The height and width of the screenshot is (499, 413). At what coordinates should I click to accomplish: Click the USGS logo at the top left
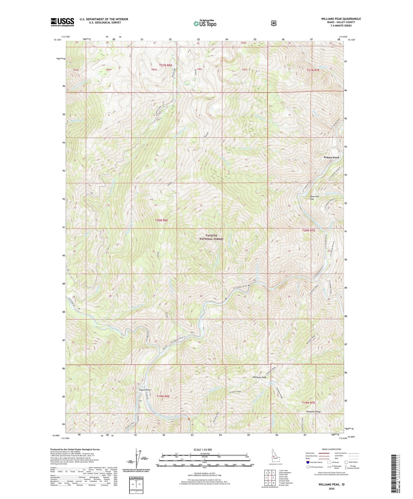click(62, 22)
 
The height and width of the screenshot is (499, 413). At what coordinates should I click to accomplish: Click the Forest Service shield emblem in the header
click(274, 23)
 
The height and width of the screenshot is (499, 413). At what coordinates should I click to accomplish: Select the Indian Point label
click(144, 390)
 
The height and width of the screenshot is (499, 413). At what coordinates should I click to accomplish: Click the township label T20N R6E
click(161, 220)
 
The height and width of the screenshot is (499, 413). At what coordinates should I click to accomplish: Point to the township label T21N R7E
click(314, 70)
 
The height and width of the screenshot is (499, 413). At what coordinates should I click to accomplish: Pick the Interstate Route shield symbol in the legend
click(308, 462)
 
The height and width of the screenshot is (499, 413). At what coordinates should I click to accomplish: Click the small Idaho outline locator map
click(275, 454)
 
